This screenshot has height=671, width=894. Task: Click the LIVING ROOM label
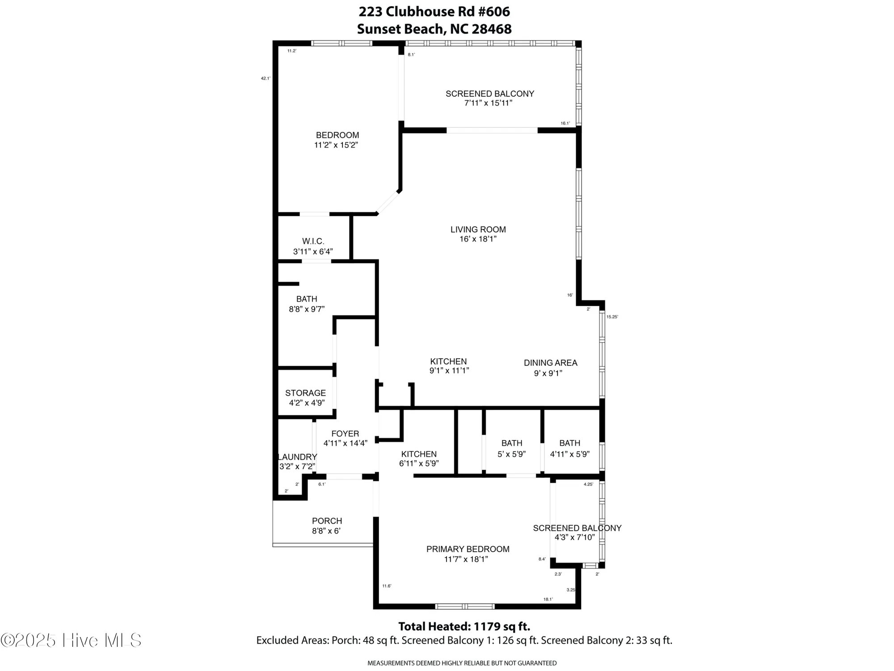[478, 229]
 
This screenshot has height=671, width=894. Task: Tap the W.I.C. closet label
[313, 242]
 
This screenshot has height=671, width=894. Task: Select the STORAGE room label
[305, 393]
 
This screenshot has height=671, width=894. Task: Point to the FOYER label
[345, 433]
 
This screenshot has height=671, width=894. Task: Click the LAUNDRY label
[297, 457]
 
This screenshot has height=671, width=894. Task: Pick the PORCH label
[327, 521]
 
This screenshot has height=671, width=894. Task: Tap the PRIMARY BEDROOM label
[468, 549]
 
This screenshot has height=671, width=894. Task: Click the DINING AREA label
[550, 363]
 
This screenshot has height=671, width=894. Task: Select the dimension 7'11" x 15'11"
[488, 103]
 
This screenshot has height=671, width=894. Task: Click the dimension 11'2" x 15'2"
[336, 145]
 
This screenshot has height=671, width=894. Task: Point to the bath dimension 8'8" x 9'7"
[307, 309]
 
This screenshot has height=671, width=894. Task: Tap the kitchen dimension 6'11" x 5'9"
[419, 464]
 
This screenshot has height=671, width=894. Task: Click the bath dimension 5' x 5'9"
[511, 454]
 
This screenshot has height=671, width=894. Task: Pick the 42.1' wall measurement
[266, 78]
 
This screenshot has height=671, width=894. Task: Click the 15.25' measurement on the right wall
[612, 317]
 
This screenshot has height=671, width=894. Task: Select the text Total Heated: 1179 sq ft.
[464, 626]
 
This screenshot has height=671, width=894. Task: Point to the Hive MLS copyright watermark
[71, 640]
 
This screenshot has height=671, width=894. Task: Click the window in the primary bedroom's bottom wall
[465, 607]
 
